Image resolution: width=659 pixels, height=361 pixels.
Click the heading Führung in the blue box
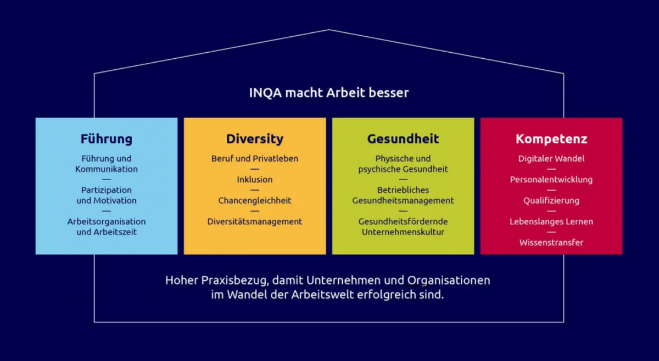[107, 139]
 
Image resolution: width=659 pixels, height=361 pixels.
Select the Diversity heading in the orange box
[255, 139]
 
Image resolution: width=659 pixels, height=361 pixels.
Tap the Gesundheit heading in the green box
[403, 139]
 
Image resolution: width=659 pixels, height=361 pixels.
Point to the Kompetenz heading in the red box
[551, 139]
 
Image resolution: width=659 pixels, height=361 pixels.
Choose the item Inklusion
[255, 180]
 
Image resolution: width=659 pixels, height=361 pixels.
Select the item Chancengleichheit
[255, 201]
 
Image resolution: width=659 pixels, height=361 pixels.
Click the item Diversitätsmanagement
[255, 221]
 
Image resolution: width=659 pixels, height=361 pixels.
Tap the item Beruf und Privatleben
[255, 159]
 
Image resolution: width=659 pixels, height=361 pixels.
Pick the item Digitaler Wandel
[551, 159]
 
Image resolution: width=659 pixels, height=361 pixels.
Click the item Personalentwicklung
[551, 180]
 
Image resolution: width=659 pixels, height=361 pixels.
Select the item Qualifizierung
[551, 201]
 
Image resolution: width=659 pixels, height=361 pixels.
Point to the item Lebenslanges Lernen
[551, 221]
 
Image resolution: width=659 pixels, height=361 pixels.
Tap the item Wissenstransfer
[551, 242]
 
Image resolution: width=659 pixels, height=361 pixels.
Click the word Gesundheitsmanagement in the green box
[403, 201]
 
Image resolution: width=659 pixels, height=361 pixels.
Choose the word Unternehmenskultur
[403, 232]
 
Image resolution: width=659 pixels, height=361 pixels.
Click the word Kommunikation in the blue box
[107, 169]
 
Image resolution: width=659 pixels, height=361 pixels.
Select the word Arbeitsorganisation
[107, 221]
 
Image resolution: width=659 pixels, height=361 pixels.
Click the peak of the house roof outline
[329, 30]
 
